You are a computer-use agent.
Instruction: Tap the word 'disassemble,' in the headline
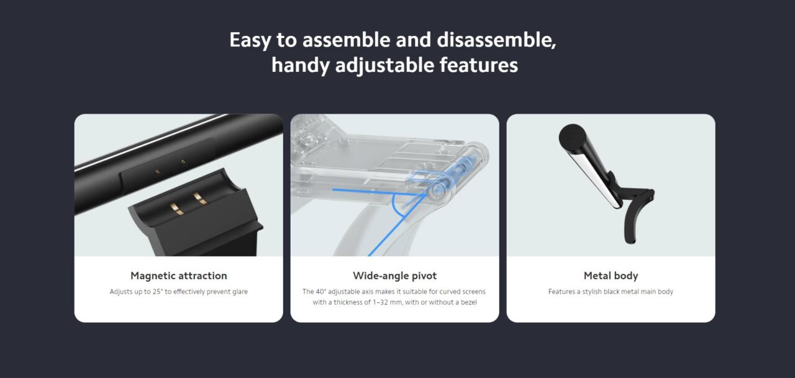click(x=496, y=40)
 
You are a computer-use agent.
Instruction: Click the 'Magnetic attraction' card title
click(x=178, y=276)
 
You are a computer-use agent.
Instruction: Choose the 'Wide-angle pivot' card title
click(x=394, y=276)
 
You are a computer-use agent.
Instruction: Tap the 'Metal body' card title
click(x=611, y=276)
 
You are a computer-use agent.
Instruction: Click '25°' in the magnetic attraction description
click(x=158, y=292)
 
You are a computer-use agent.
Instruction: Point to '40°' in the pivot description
click(x=320, y=292)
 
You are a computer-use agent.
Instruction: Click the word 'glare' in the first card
click(x=240, y=292)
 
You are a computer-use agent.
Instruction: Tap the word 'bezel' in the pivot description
click(x=469, y=302)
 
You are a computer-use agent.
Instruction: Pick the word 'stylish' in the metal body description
click(x=592, y=292)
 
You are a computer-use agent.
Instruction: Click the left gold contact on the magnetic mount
click(x=176, y=209)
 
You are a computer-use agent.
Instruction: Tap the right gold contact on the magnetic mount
click(x=200, y=198)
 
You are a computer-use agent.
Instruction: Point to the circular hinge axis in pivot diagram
click(x=438, y=191)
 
